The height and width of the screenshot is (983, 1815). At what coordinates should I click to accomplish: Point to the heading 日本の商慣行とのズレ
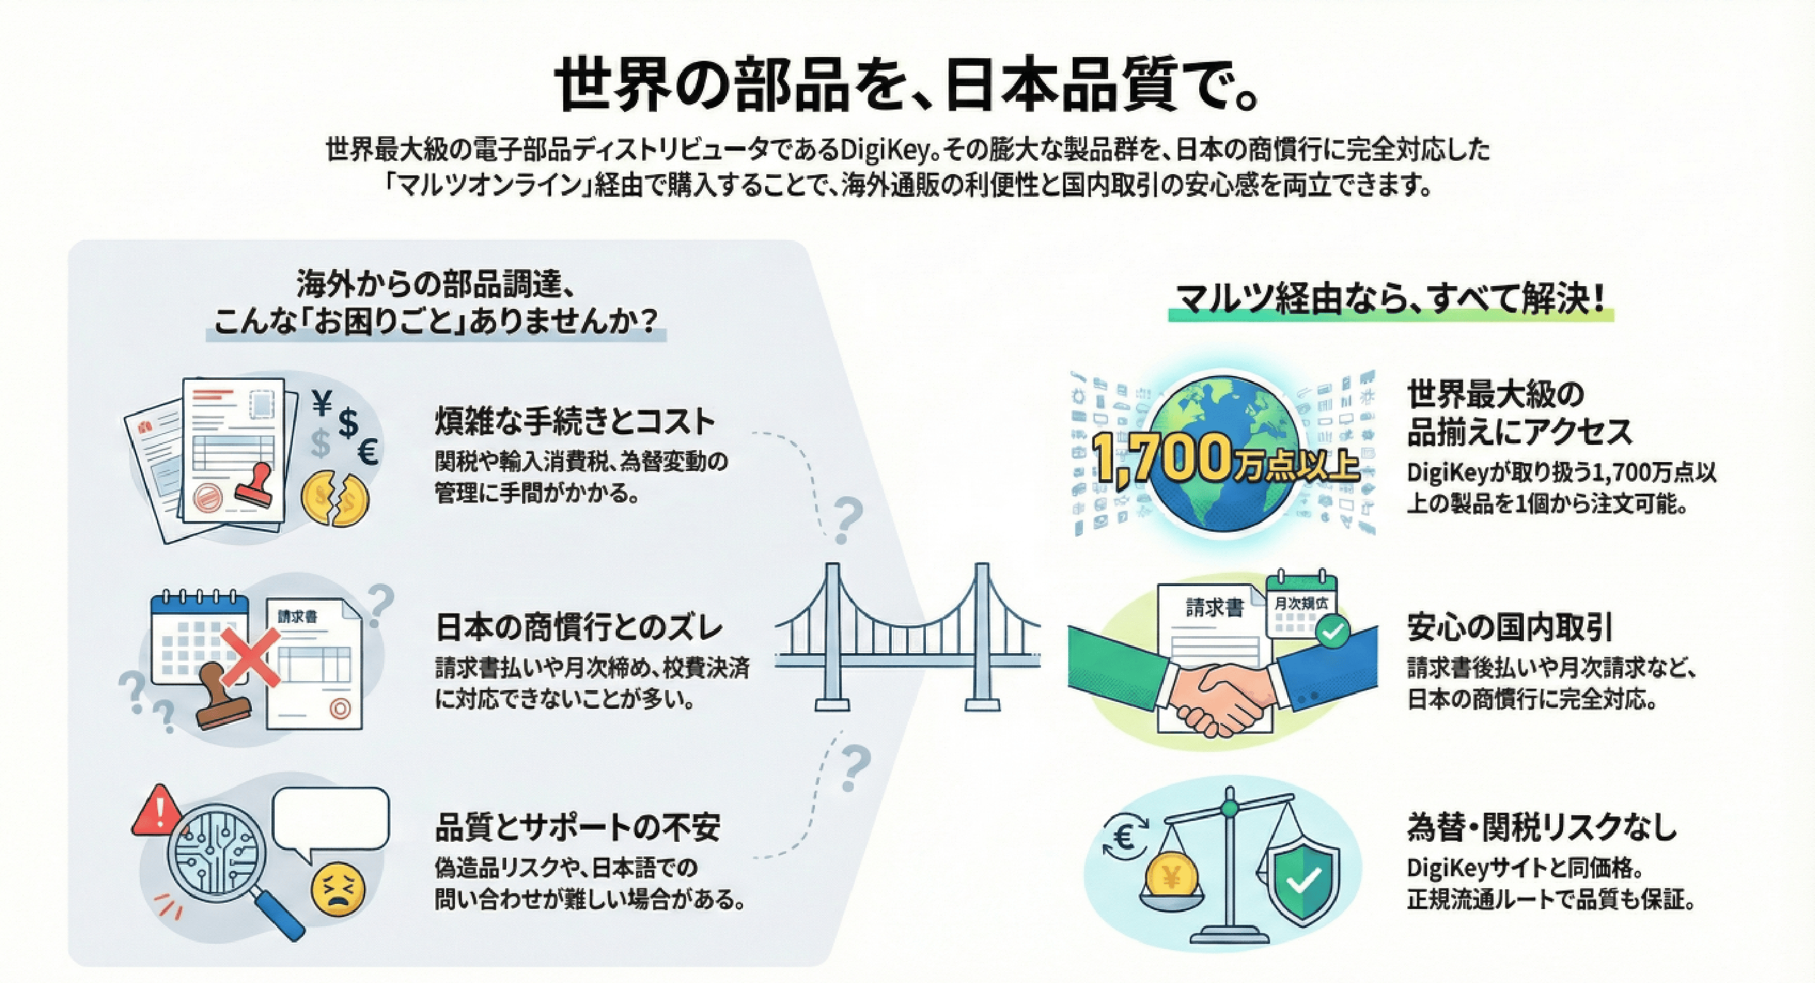tap(579, 628)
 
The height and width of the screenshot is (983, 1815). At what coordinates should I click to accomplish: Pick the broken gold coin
tap(335, 498)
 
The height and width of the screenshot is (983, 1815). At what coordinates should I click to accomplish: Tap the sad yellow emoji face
tap(338, 890)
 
